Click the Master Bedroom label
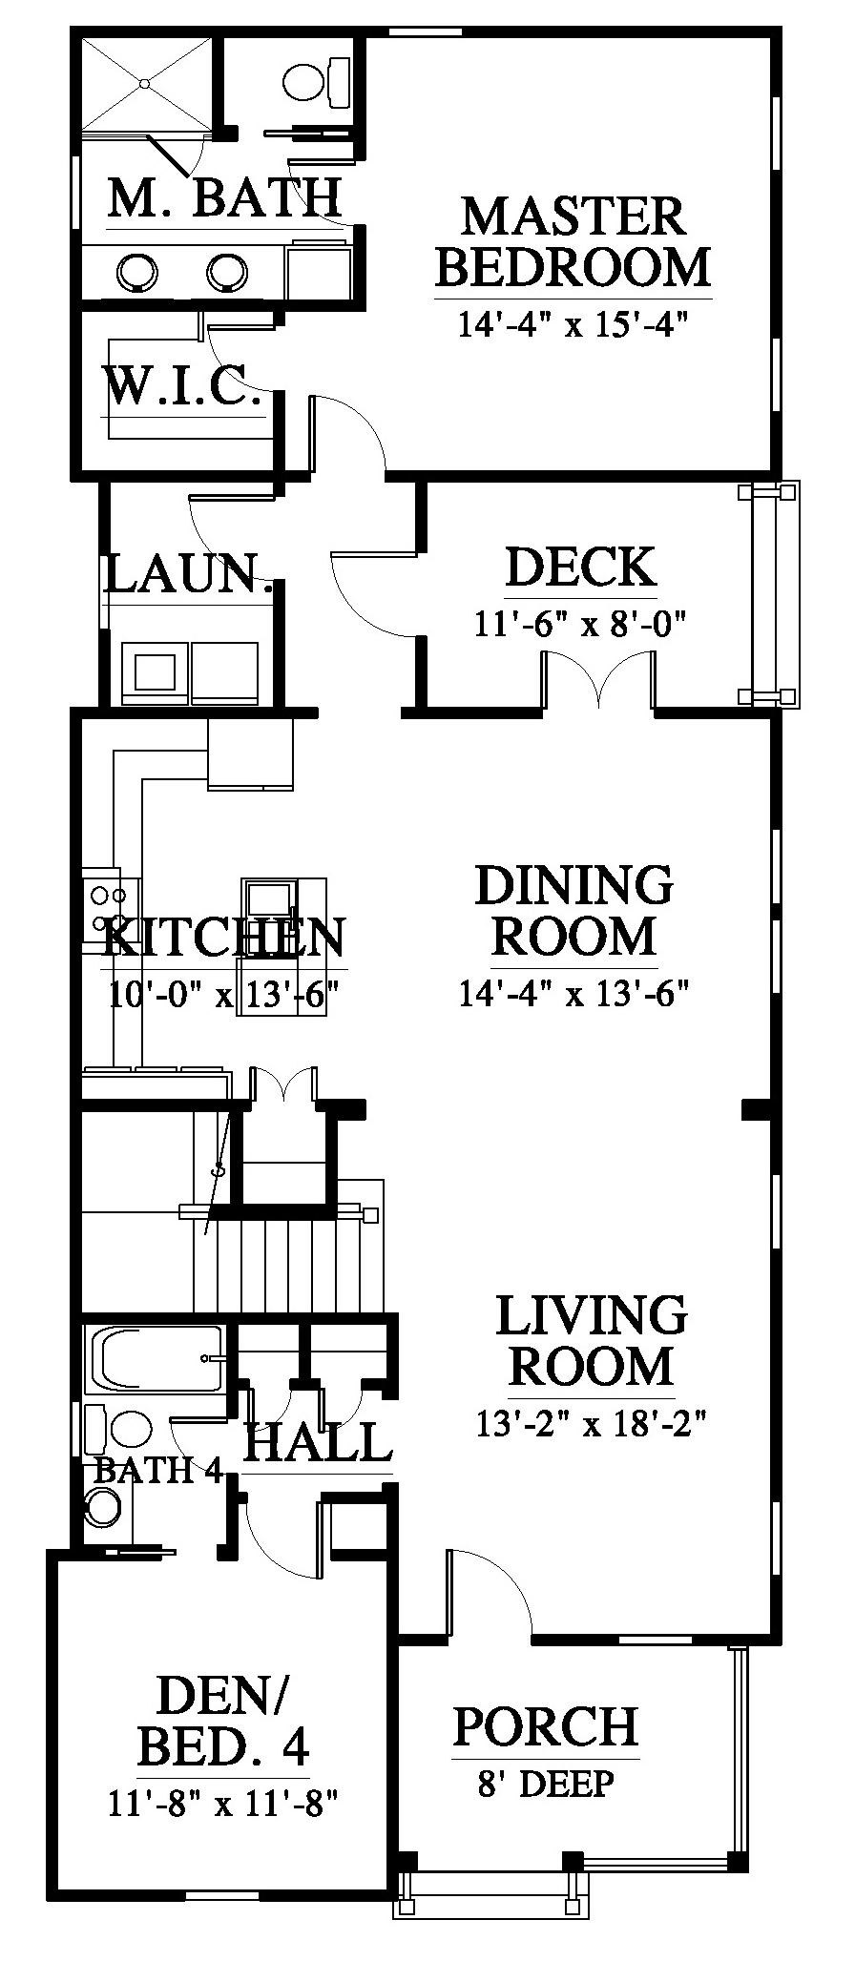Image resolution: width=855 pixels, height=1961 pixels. (573, 241)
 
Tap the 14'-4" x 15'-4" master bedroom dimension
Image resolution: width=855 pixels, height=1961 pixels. (573, 324)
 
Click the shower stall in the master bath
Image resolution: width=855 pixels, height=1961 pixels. (145, 84)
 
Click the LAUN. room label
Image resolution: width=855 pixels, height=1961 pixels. (188, 575)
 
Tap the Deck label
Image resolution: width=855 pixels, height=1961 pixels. (581, 567)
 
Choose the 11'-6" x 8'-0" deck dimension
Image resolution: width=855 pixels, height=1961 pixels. (581, 624)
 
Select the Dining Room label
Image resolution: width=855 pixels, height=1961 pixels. (574, 910)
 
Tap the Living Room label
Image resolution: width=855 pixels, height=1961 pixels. (592, 1340)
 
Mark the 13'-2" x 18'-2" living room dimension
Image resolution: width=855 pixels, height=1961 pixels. (591, 1424)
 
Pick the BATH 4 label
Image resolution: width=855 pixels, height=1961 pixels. (158, 1470)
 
